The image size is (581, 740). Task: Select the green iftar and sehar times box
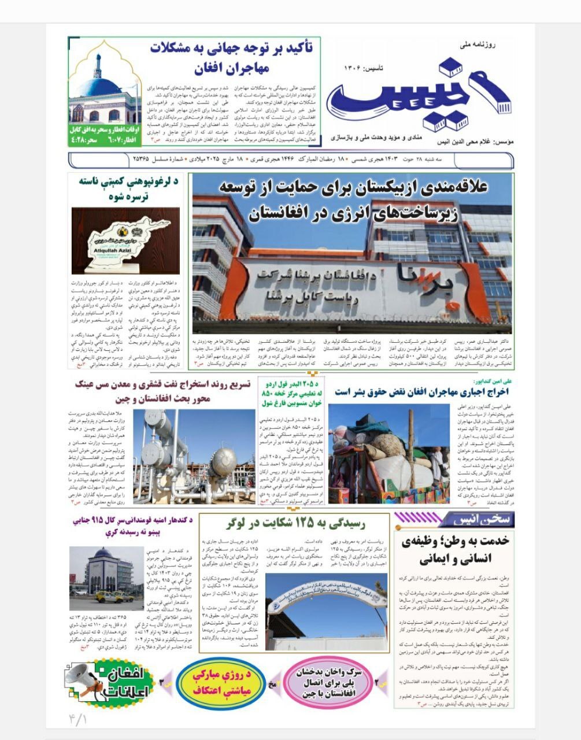(105, 134)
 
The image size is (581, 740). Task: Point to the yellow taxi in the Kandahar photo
(107, 597)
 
